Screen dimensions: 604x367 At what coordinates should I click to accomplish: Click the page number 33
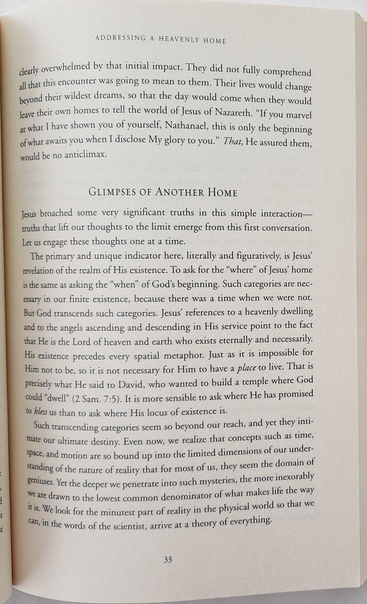[x=168, y=564]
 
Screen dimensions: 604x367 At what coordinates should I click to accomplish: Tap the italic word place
[x=246, y=368]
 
